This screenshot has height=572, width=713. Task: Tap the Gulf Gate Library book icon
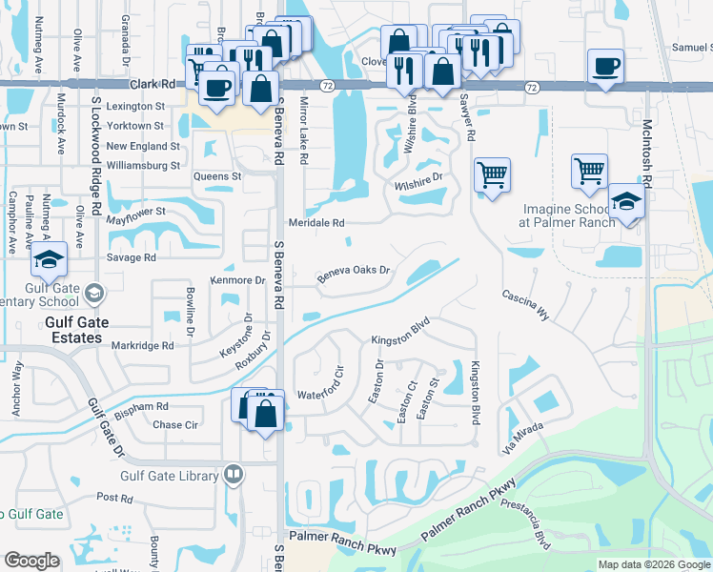[x=234, y=474]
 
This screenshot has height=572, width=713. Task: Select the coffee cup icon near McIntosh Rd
[x=605, y=67]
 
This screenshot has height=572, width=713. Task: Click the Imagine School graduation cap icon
[x=625, y=202]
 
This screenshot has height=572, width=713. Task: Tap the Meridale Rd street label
[x=323, y=222]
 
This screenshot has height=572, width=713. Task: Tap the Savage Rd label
[x=131, y=257]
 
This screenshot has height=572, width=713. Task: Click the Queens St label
[x=217, y=176]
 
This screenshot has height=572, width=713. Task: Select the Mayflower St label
[x=135, y=212]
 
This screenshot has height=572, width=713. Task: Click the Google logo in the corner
[x=32, y=561]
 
